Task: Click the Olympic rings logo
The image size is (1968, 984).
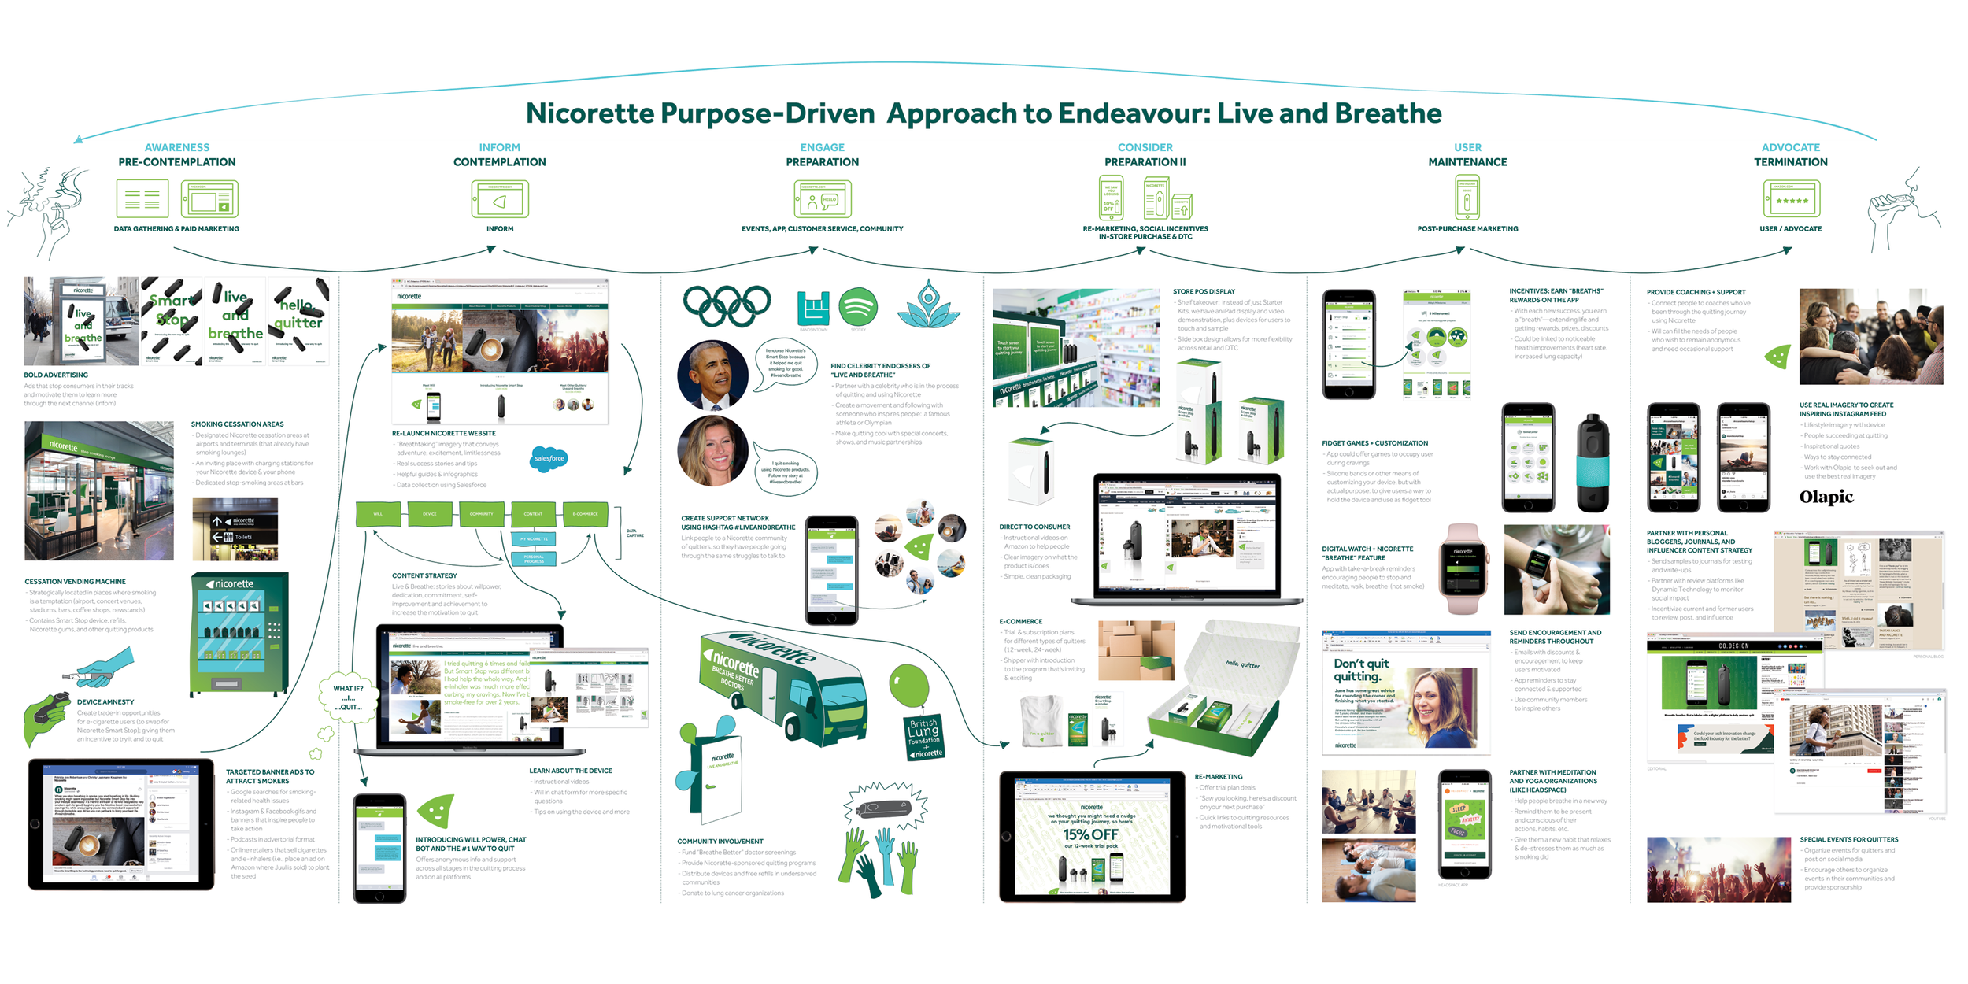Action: [x=727, y=305]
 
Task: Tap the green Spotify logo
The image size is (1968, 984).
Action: [x=858, y=306]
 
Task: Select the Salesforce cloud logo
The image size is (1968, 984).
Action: [x=549, y=458]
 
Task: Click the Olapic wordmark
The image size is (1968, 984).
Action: [x=1826, y=497]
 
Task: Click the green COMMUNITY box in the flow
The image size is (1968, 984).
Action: [x=481, y=514]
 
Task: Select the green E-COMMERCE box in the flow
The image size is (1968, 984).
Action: [x=585, y=514]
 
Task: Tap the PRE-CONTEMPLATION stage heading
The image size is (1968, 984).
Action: [x=177, y=162]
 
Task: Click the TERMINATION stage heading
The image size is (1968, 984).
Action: [x=1790, y=162]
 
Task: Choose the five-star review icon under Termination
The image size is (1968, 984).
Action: [x=1792, y=200]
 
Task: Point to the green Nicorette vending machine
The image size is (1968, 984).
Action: [x=239, y=634]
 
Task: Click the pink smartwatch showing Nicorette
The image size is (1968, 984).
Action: [x=1463, y=568]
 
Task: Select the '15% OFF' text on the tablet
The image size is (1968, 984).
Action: [x=1091, y=834]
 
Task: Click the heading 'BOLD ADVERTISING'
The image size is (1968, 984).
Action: [x=56, y=375]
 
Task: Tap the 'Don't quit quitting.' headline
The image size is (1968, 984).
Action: [x=1362, y=670]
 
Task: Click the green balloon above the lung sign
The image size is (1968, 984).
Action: [x=908, y=685]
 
